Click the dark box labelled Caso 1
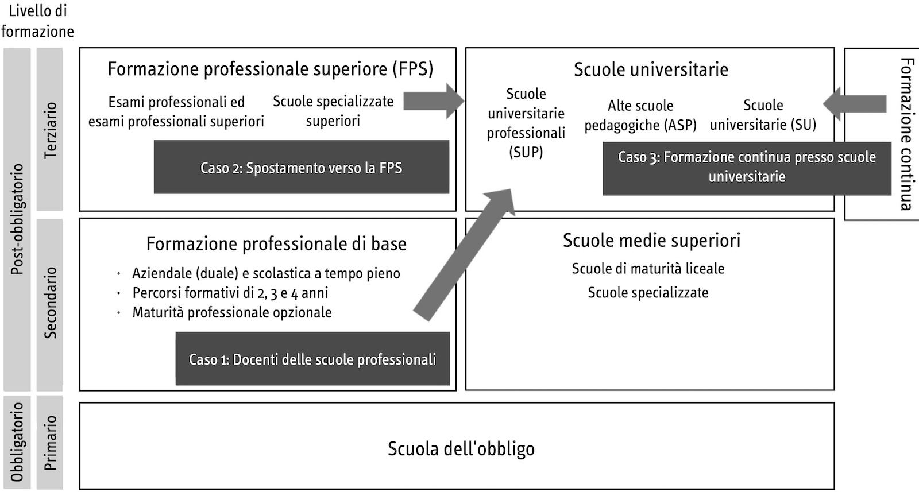point(312,359)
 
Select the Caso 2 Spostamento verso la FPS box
point(301,168)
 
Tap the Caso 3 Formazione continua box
point(747,166)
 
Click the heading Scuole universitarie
point(651,69)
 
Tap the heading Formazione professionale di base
point(276,244)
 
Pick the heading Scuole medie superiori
point(651,240)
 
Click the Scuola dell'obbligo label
point(461,448)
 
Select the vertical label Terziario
point(51,130)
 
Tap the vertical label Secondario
point(51,303)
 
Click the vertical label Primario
point(51,443)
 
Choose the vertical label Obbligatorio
point(17,441)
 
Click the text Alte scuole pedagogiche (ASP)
point(640,115)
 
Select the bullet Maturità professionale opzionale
point(232,312)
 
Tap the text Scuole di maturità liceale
point(648,268)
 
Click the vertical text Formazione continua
point(907,134)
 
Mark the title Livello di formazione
point(38,21)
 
